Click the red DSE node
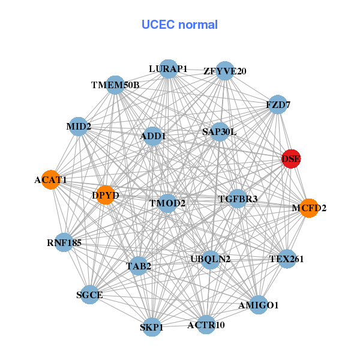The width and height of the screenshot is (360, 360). click(291, 159)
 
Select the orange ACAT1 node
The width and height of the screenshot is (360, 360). click(51, 180)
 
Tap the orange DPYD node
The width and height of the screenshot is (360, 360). click(105, 195)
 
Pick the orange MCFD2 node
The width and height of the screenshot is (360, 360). click(308, 208)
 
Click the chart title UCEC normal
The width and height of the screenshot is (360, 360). click(179, 25)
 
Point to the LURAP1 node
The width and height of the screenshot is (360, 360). click(169, 69)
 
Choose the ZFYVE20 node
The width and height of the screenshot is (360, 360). click(224, 71)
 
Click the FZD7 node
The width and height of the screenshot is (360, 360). click(277, 105)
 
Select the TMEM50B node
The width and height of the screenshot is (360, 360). click(115, 85)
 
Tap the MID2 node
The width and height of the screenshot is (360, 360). click(79, 127)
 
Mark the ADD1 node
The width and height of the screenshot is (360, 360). click(153, 137)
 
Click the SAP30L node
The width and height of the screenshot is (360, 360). click(219, 131)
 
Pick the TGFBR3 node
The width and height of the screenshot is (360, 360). click(238, 199)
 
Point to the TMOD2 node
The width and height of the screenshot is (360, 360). click(167, 203)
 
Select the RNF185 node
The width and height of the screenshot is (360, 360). click(64, 243)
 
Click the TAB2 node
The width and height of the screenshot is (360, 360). click(139, 266)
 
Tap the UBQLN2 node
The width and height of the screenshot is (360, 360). click(210, 259)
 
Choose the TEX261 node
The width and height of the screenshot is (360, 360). click(287, 259)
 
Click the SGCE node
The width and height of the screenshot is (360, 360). click(90, 295)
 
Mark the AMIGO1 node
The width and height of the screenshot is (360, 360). click(258, 305)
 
